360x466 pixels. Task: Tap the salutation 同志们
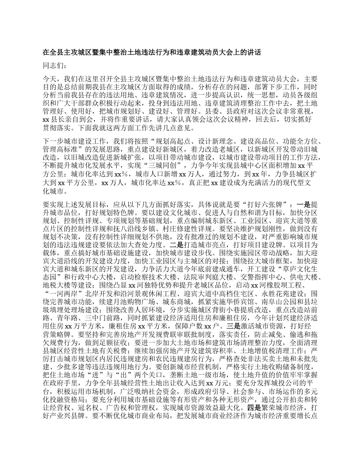(x=55, y=66)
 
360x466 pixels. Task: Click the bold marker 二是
(x=178, y=244)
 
